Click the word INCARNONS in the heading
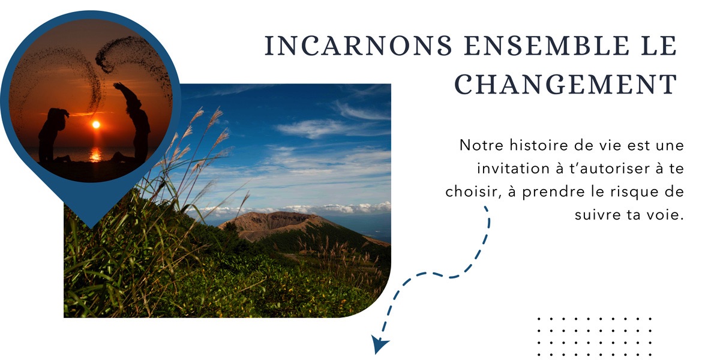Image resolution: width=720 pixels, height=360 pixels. point(358,46)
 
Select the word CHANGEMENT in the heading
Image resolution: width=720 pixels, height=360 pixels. point(566,84)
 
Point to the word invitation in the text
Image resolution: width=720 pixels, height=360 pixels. point(513,169)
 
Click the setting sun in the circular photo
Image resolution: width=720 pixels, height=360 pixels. point(96,125)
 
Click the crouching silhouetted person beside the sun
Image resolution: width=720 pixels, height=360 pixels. point(53,135)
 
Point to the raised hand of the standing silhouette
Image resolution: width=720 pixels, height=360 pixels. point(118,86)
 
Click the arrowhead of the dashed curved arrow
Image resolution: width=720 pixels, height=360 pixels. point(379,343)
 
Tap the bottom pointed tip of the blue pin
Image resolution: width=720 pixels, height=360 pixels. point(91,228)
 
